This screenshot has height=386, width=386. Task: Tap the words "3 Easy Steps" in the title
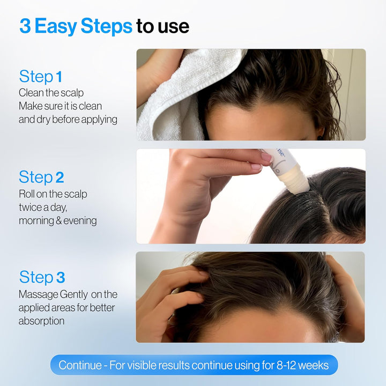(76, 26)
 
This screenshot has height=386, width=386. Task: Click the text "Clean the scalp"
(51, 93)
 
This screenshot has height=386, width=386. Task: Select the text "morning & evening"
(57, 220)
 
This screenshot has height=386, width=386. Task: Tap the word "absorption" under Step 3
(41, 321)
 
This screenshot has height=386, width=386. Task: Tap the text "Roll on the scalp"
(53, 194)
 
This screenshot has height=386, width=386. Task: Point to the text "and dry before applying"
(68, 119)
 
